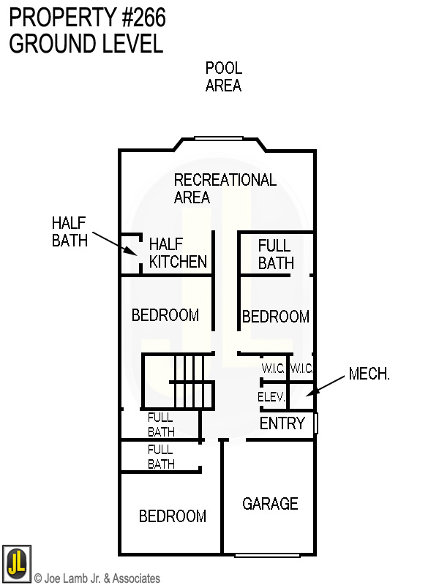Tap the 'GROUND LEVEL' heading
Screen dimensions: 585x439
point(86,43)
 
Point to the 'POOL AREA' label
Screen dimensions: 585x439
point(223,77)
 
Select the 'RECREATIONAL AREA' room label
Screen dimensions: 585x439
point(225,188)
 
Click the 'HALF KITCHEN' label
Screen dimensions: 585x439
point(178,252)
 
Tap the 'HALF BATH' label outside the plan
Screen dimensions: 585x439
point(70,230)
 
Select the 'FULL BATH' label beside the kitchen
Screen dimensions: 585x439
point(276,254)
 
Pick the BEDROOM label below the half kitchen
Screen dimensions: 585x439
point(165,315)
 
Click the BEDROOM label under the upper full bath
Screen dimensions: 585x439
point(276,317)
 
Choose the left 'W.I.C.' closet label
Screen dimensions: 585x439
point(274,368)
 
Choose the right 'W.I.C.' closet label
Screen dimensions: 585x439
point(301,368)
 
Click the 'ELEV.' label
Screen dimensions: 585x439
point(271,397)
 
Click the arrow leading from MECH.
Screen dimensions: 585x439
point(327,385)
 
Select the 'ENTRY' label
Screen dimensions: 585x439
point(282,423)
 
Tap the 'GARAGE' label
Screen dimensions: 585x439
point(270,503)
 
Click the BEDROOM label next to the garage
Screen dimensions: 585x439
point(173,516)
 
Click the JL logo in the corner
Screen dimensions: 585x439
point(16,562)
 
